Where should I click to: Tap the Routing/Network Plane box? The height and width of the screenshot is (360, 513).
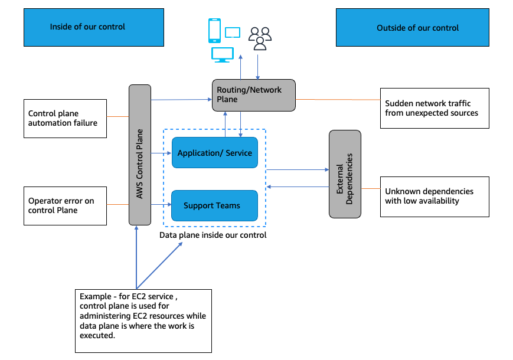click(253, 95)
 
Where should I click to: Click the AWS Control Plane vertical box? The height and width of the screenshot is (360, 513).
click(140, 155)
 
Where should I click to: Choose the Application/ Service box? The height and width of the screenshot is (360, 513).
click(215, 153)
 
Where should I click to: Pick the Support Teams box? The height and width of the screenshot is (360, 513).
click(215, 205)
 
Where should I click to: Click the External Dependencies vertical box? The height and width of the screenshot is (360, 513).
click(345, 174)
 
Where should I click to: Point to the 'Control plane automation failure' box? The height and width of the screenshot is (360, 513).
click(65, 118)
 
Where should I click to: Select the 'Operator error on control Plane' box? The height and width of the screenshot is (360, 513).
click(65, 205)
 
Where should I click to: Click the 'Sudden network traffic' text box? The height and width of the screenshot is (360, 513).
click(434, 107)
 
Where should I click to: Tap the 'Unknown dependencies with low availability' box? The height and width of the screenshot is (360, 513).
click(434, 196)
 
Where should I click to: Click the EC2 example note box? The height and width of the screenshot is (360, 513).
click(143, 321)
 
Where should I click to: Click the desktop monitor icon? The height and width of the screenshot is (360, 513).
click(221, 55)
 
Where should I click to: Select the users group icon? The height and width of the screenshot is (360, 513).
click(260, 38)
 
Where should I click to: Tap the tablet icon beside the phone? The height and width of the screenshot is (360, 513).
click(233, 33)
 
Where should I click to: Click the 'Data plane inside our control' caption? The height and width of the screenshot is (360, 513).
click(213, 235)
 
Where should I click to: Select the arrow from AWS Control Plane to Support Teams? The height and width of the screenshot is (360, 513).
click(161, 205)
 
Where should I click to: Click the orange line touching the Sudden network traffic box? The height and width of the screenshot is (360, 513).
click(338, 99)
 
